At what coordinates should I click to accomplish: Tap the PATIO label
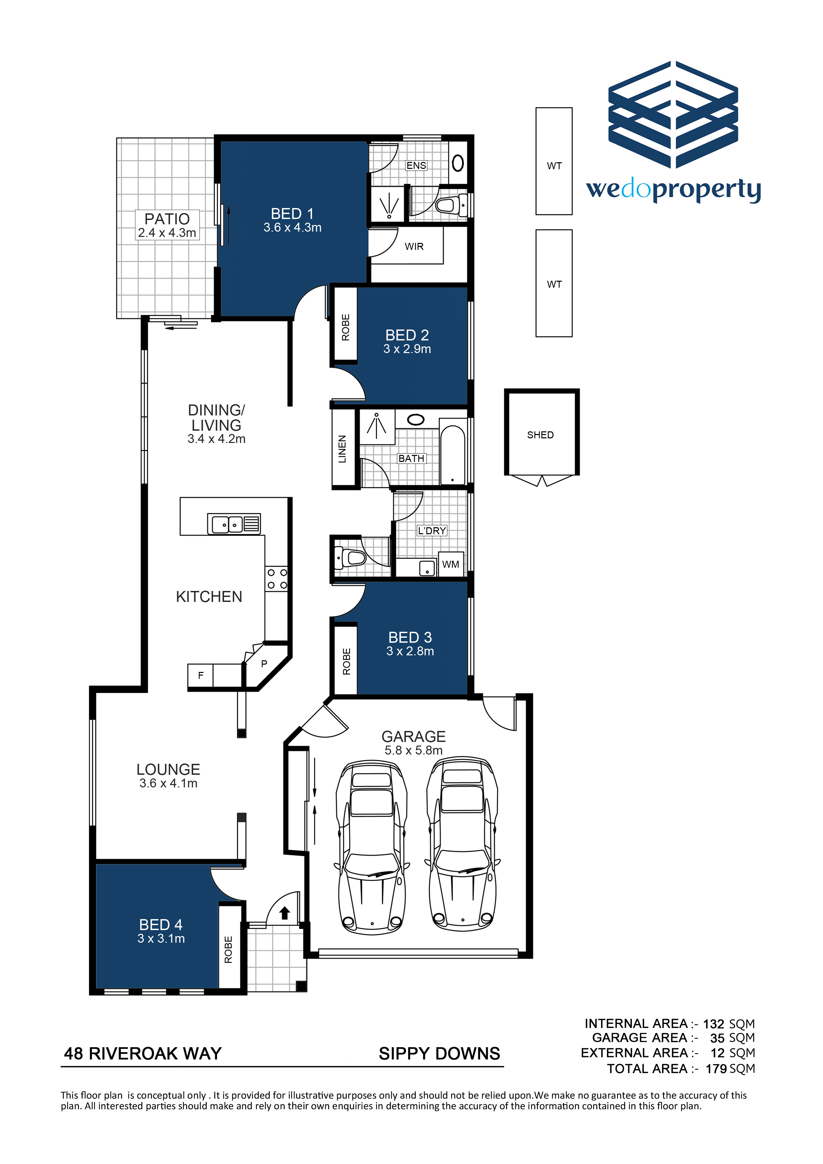click(167, 219)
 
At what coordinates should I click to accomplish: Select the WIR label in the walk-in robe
click(414, 247)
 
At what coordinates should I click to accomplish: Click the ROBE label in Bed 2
click(345, 327)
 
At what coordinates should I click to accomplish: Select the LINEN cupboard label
click(342, 449)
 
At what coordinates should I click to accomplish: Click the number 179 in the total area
click(716, 1069)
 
